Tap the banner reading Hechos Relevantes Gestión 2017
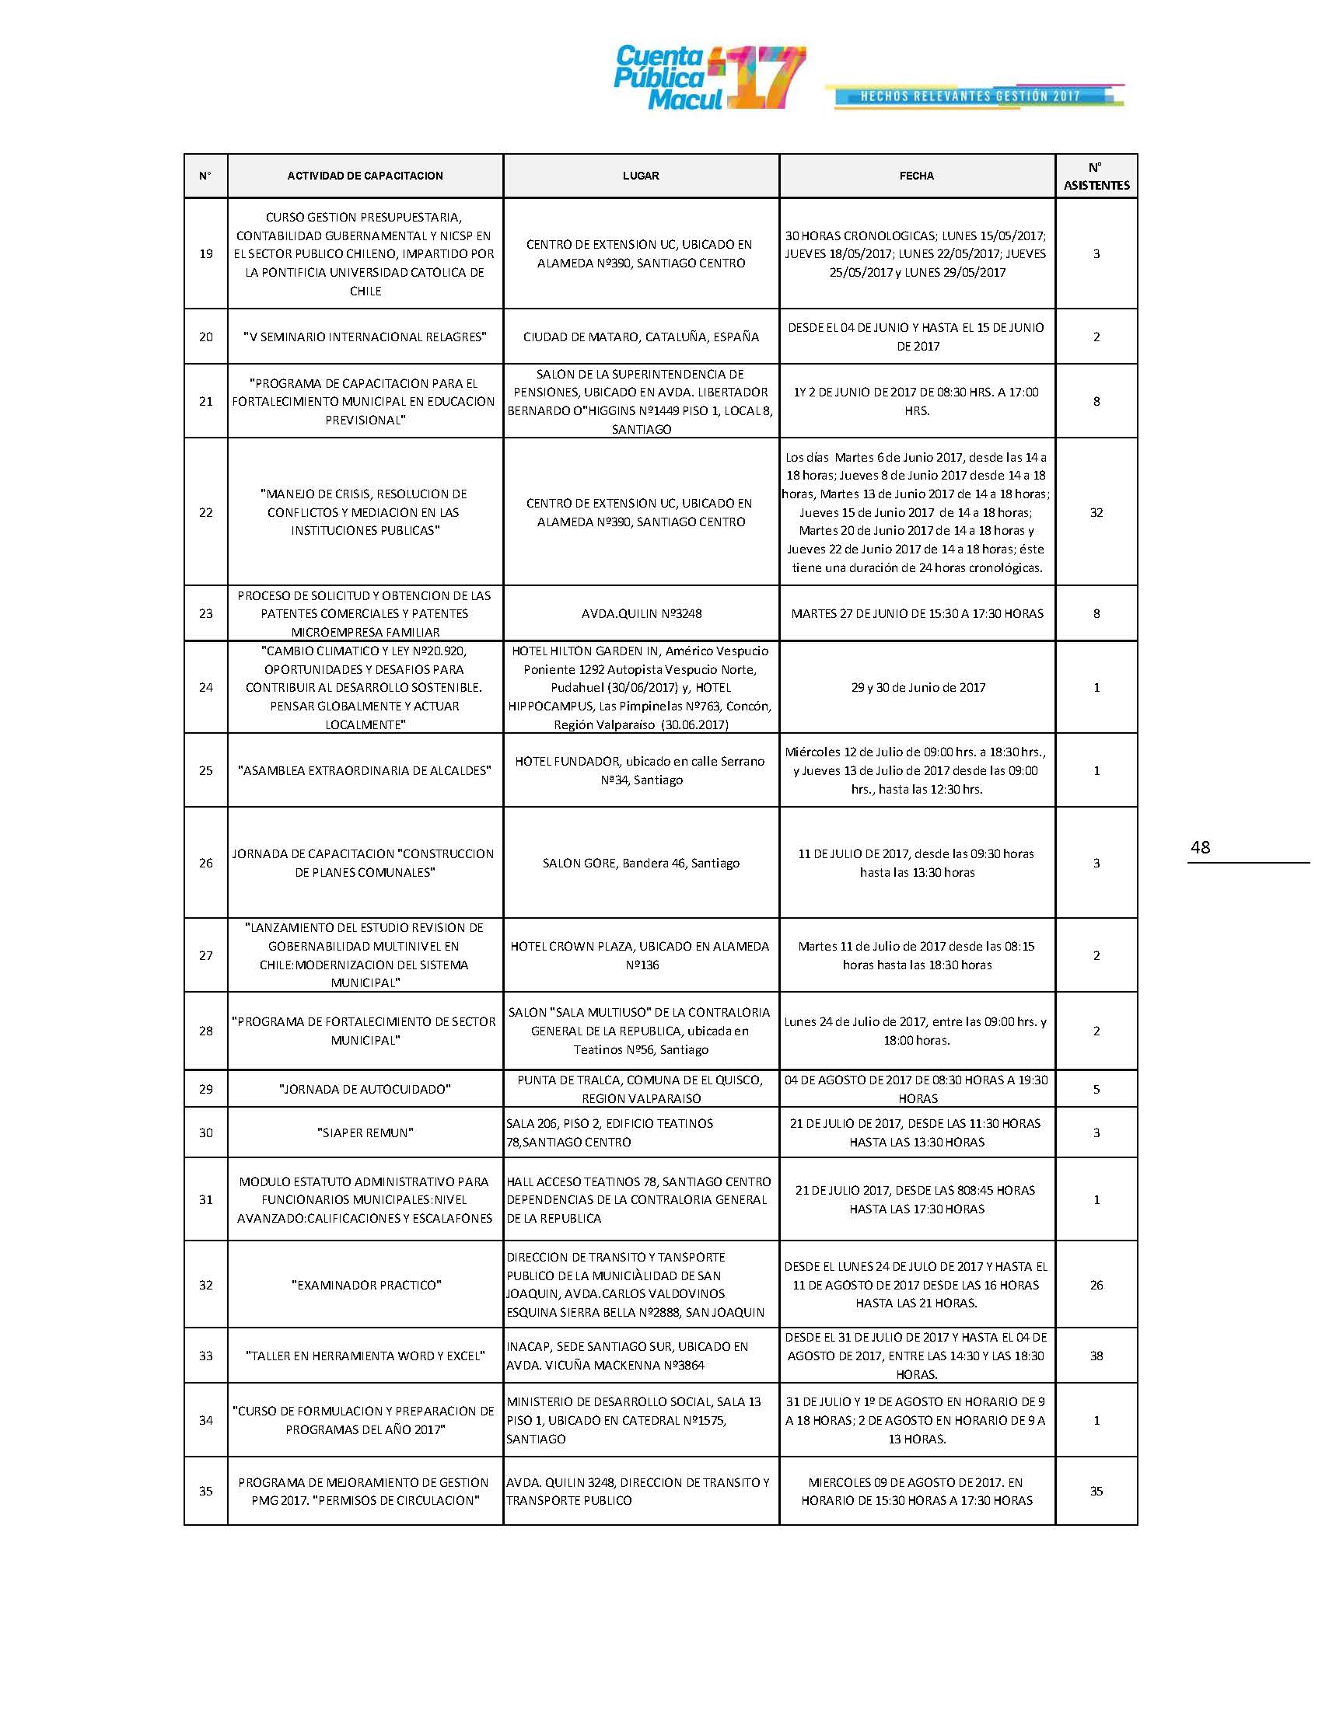[x=971, y=96]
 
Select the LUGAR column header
[x=641, y=176]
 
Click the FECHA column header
[x=916, y=176]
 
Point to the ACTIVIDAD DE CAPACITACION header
[x=365, y=176]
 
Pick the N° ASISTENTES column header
[x=1096, y=176]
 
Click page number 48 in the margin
[x=1200, y=847]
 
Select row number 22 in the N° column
[x=206, y=513]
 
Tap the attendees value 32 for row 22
[x=1096, y=513]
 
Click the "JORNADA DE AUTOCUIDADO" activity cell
[x=365, y=1089]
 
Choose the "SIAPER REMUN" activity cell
[x=365, y=1133]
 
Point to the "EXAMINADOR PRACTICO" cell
[x=365, y=1285]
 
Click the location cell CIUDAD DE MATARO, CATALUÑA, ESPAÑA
[x=641, y=337]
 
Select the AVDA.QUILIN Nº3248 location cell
[x=641, y=614]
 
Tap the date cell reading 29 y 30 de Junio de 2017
[x=917, y=687]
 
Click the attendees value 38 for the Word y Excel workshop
[x=1096, y=1356]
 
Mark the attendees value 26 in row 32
[x=1096, y=1285]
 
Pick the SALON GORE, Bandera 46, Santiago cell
[x=641, y=863]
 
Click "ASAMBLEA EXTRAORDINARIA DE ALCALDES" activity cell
[x=365, y=770]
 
